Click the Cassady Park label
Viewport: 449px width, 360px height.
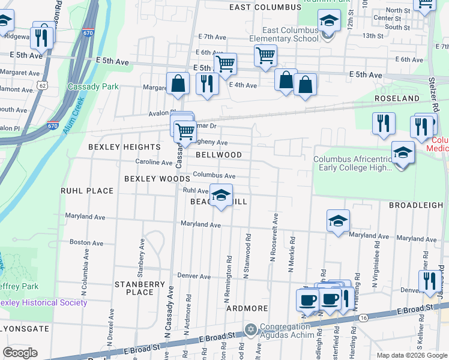(93, 86)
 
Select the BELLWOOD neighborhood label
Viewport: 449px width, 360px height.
(218, 155)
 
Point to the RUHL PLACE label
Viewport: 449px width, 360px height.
(87, 191)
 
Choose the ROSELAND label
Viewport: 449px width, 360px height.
(397, 98)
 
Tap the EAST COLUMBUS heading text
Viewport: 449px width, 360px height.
(265, 7)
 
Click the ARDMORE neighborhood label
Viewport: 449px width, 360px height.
(247, 308)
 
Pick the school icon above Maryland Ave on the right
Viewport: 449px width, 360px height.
(339, 220)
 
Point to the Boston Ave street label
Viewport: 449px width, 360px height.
(85, 242)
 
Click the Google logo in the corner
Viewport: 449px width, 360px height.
(20, 353)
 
